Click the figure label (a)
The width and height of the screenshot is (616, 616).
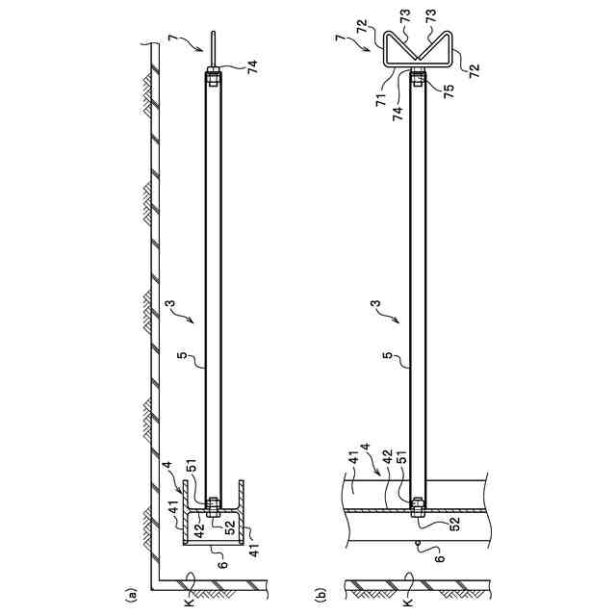(130, 594)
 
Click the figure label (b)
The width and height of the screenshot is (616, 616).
(321, 594)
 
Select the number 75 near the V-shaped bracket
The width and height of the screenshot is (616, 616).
(449, 91)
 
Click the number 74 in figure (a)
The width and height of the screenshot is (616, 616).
(252, 66)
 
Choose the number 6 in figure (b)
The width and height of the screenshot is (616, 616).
(441, 558)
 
